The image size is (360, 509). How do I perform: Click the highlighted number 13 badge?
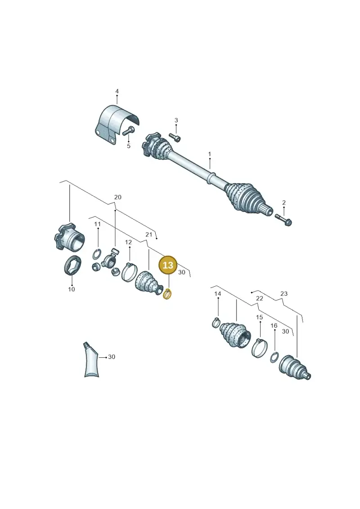coord(168,265)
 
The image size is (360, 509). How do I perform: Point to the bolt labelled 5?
coord(128,131)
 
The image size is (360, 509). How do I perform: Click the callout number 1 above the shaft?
coord(210,154)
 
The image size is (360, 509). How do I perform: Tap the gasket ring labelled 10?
coord(72,266)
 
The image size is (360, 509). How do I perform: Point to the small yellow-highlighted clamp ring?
coord(167,294)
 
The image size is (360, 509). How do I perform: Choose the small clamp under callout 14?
coord(216,322)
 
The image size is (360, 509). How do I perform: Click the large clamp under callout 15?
coord(259,347)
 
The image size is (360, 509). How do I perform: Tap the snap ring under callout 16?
coord(274,357)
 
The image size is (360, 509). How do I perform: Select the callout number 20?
coord(118,197)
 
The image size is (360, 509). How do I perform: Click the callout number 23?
coord(284,293)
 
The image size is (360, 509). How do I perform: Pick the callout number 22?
coord(259,298)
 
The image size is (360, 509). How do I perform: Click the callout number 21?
coord(148,234)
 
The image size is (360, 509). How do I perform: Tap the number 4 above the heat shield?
coord(117,91)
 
